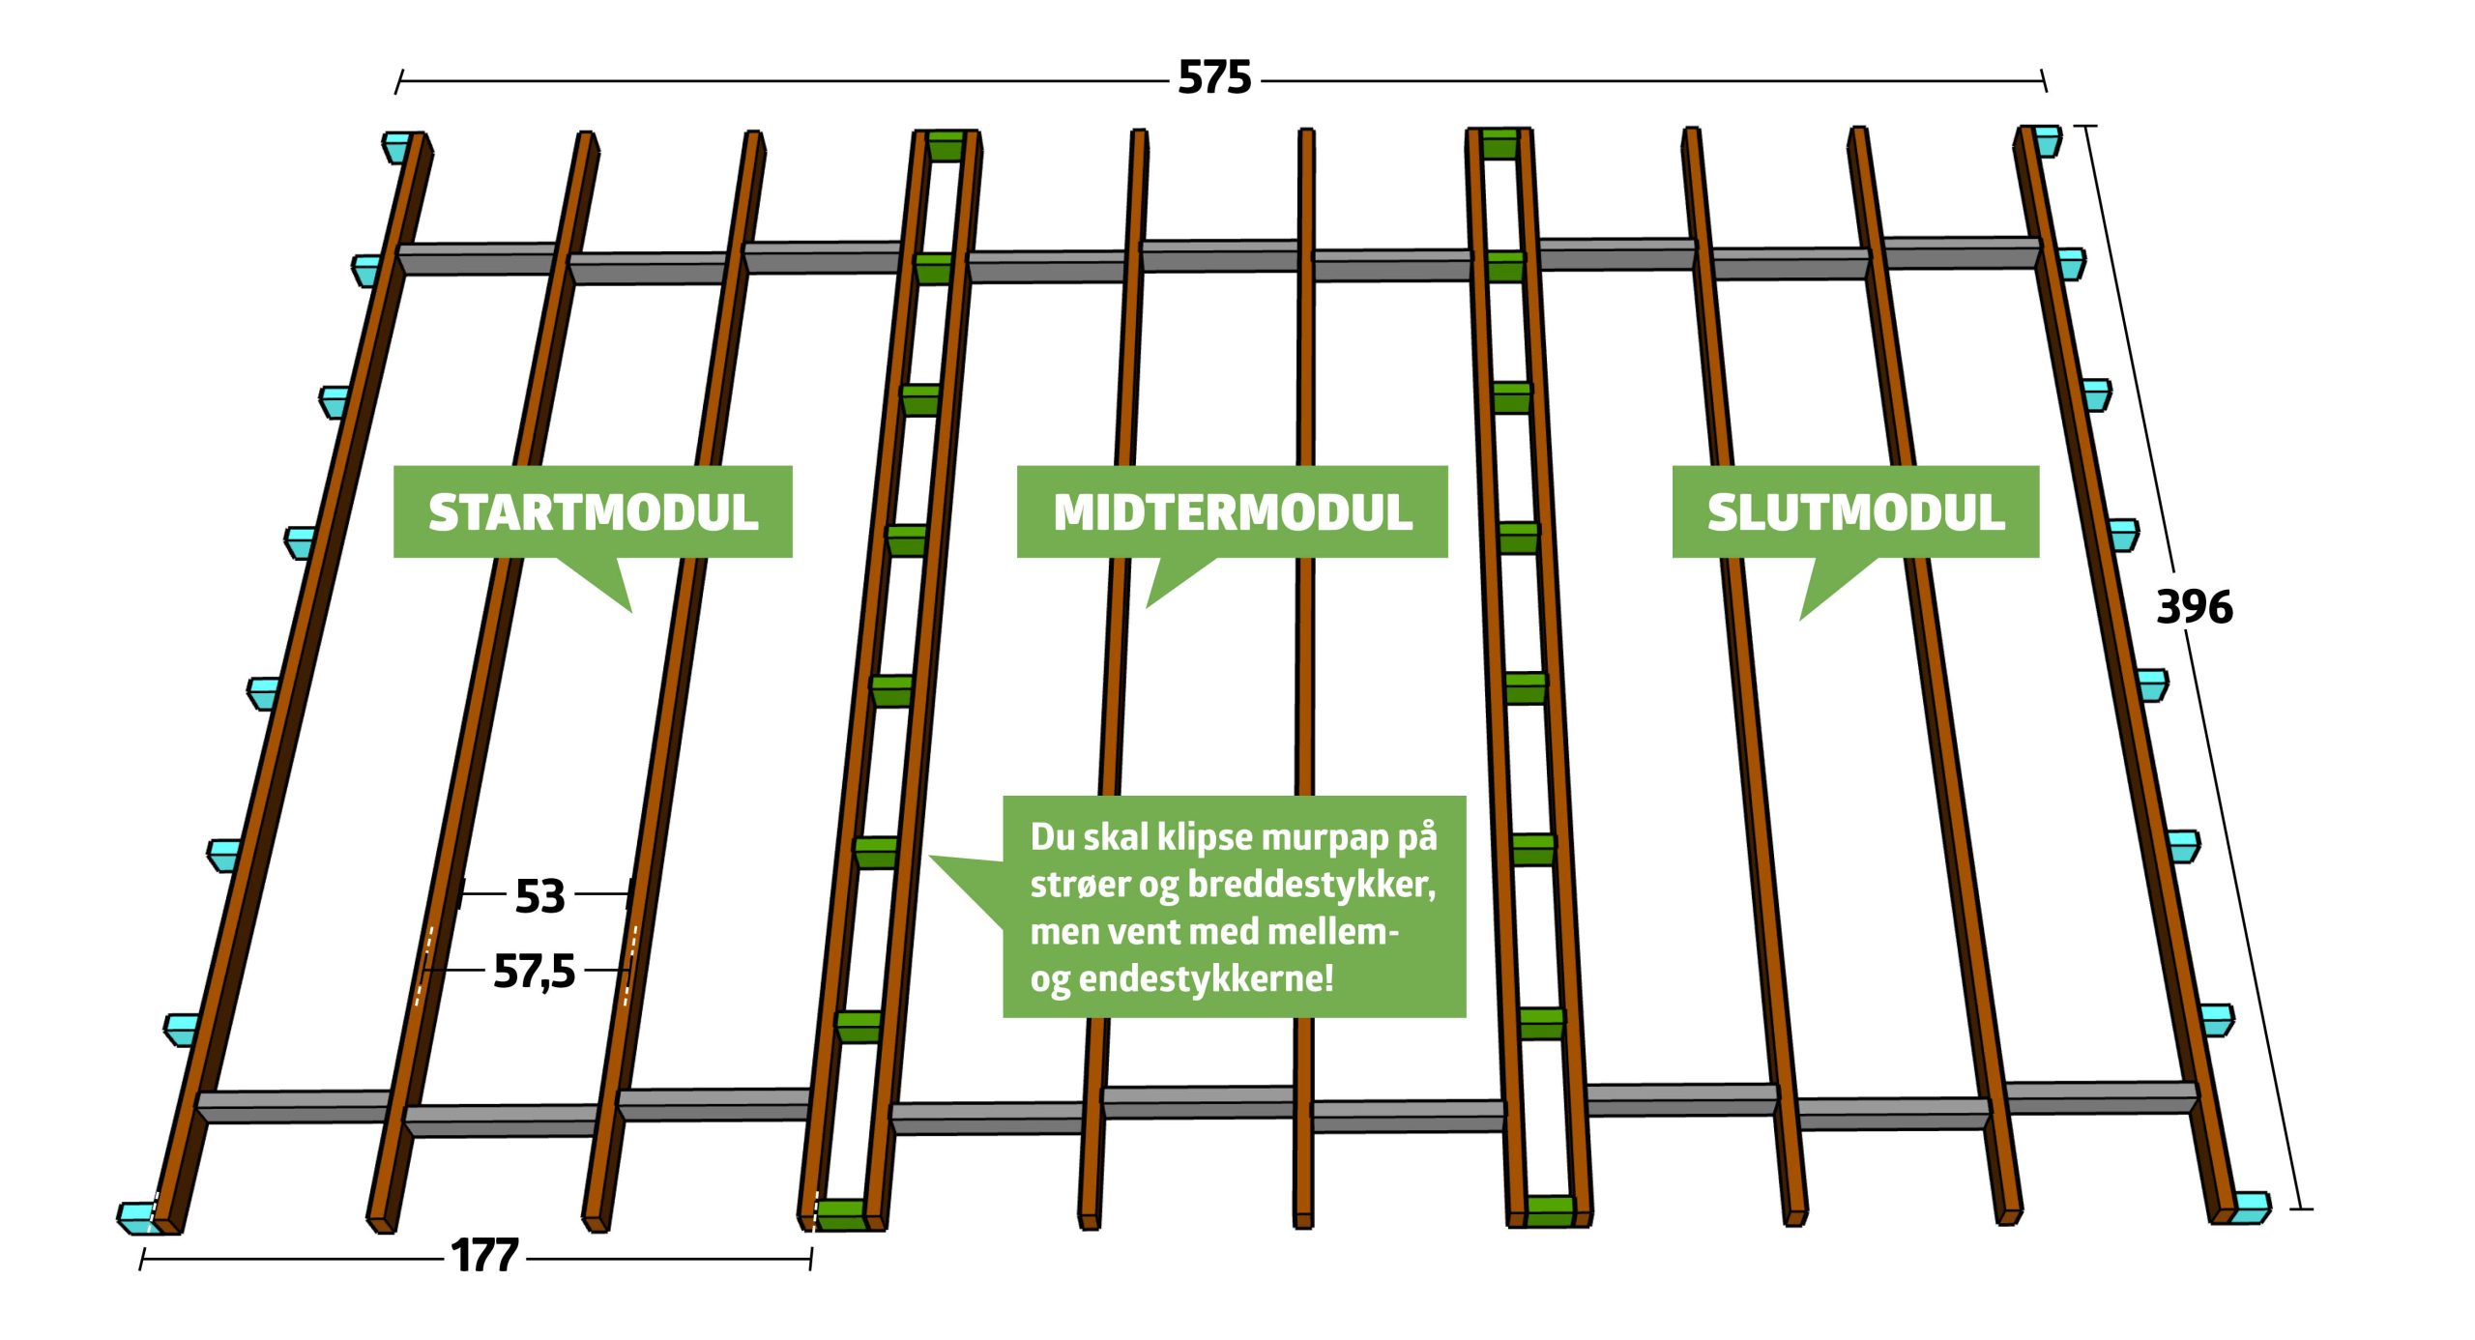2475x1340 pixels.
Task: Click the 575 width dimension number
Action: pyautogui.click(x=1214, y=78)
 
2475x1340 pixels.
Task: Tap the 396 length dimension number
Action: pyautogui.click(x=2194, y=608)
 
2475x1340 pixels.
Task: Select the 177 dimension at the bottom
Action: pyautogui.click(x=484, y=1256)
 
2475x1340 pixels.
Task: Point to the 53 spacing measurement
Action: pyautogui.click(x=539, y=896)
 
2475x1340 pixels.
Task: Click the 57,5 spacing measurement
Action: pyautogui.click(x=534, y=971)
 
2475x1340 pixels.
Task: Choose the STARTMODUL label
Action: pyautogui.click(x=593, y=512)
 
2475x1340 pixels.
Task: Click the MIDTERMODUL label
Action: pyautogui.click(x=1232, y=512)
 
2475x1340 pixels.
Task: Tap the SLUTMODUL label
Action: pyautogui.click(x=1855, y=512)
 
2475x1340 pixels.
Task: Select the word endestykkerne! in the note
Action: pyautogui.click(x=1206, y=978)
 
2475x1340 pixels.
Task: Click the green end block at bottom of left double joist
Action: pyautogui.click(x=841, y=1214)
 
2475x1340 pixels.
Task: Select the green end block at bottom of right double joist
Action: pyautogui.click(x=1551, y=1210)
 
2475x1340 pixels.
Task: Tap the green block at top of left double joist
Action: pyautogui.click(x=946, y=145)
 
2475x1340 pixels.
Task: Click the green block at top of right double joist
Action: pyautogui.click(x=1500, y=142)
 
